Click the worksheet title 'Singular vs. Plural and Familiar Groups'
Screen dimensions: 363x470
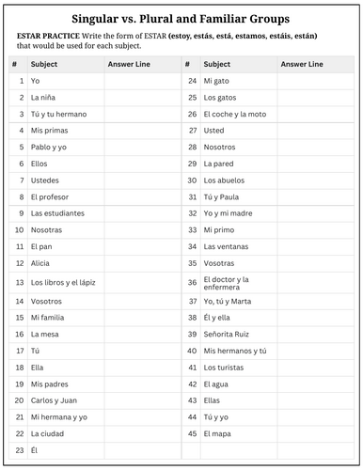click(x=181, y=18)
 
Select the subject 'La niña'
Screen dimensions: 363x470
click(x=43, y=98)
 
